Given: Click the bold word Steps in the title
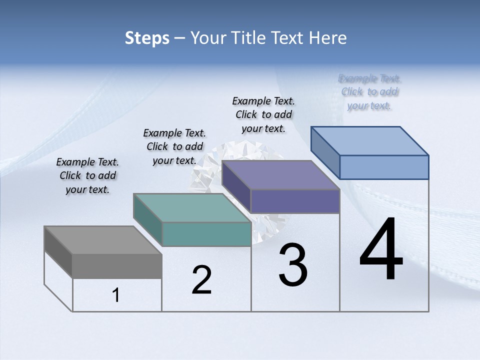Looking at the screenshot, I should point(147,38).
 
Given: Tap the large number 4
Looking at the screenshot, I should point(381,250).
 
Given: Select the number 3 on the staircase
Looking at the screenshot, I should point(293,265).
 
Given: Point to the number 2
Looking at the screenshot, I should point(201,280).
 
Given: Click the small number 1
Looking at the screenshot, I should point(116,295).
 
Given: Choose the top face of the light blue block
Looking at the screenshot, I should point(369,140).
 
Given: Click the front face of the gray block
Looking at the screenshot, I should point(117,266).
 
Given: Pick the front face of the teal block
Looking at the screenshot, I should point(206,234).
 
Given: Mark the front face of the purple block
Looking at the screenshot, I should point(295,201).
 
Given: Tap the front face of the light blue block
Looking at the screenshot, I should point(384,167).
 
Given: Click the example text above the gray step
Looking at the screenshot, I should point(87,175).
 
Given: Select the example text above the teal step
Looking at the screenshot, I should point(174,146).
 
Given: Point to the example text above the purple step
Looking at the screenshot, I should point(263,114).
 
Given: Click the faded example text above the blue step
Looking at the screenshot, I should point(369,92).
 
